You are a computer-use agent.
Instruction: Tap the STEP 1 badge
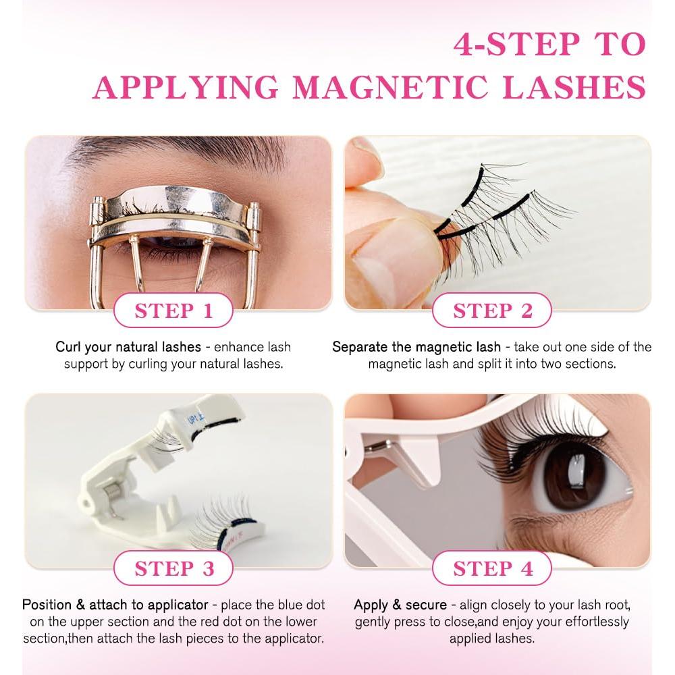173,310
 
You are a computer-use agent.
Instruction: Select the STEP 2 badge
492,310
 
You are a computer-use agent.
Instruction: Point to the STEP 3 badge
173,568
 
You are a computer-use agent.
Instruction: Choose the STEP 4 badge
492,568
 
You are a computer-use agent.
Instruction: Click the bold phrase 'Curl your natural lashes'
128,348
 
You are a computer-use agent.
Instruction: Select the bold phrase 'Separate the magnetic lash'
416,348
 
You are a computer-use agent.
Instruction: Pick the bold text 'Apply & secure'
400,605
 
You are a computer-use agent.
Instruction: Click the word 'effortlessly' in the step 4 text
593,622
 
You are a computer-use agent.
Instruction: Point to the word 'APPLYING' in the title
186,88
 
